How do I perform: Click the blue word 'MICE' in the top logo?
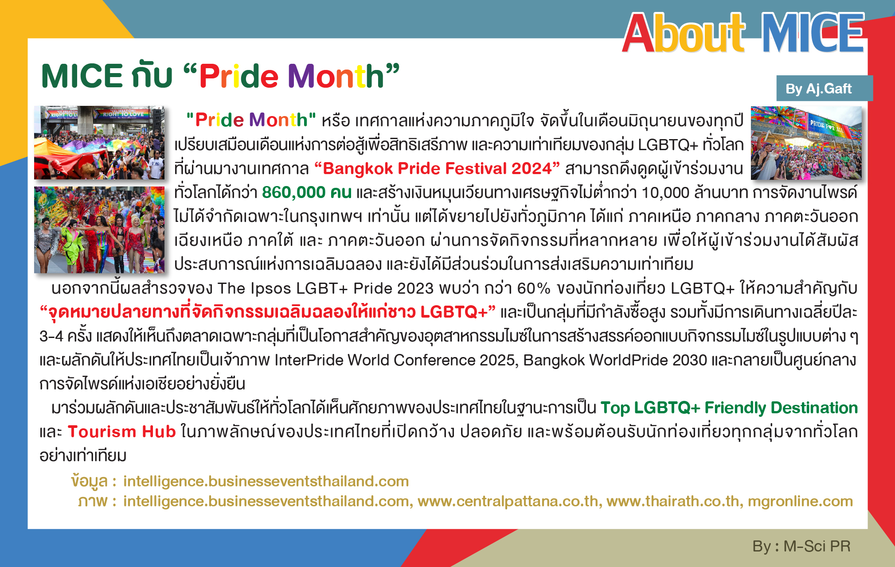click(x=813, y=32)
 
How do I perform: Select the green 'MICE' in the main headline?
click(x=82, y=76)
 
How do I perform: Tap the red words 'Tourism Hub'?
click(x=122, y=431)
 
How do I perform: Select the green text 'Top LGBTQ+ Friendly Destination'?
click(x=729, y=408)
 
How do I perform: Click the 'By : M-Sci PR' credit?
click(x=801, y=546)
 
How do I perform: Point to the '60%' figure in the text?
click(x=534, y=288)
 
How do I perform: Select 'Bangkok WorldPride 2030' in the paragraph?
click(x=615, y=360)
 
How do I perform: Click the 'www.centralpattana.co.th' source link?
click(x=508, y=501)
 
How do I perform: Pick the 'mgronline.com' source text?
click(x=800, y=501)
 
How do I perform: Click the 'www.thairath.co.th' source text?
click(x=673, y=501)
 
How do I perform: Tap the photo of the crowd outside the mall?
click(x=806, y=143)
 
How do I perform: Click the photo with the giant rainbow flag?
click(x=99, y=143)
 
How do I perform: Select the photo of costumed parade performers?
click(x=99, y=230)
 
